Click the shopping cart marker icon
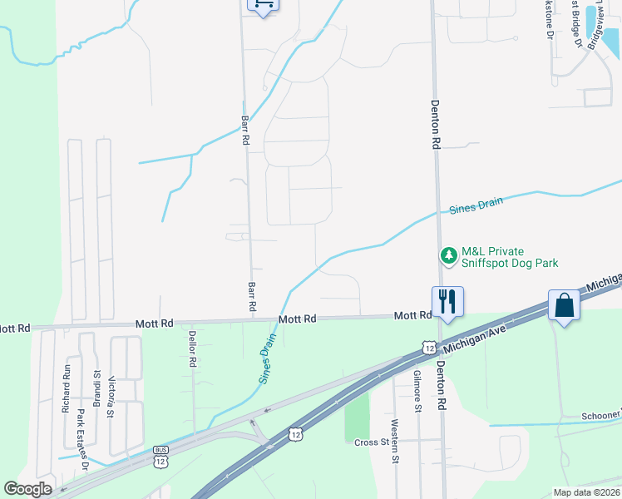click(263, 5)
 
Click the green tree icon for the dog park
click(449, 255)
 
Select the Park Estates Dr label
click(81, 433)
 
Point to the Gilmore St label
click(417, 391)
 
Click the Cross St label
click(372, 442)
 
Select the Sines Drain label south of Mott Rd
click(265, 358)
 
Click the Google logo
click(27, 489)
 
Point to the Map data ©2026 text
click(585, 492)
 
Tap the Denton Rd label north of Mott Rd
click(435, 125)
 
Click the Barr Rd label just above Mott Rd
click(252, 298)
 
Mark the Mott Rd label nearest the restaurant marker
click(413, 316)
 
